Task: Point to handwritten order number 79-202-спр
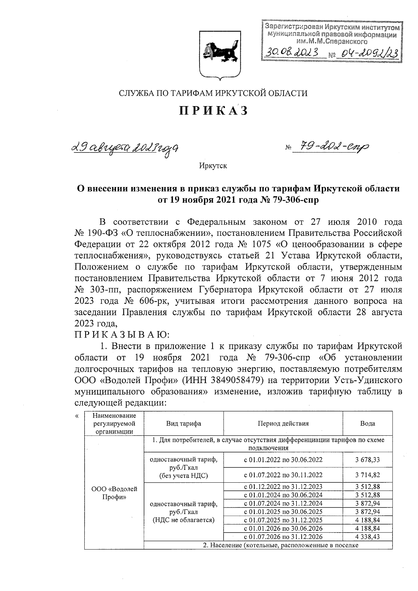pyautogui.click(x=331, y=148)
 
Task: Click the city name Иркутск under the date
pyautogui.click(x=213, y=166)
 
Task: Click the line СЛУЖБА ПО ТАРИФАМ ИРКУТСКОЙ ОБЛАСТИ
pyautogui.click(x=214, y=93)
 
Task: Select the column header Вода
pyautogui.click(x=367, y=423)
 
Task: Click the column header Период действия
pyautogui.click(x=283, y=423)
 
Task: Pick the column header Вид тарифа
pyautogui.click(x=184, y=423)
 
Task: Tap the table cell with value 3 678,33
pyautogui.click(x=367, y=460)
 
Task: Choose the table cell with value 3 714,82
pyautogui.click(x=367, y=475)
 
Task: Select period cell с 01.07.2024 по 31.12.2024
pyautogui.click(x=283, y=503)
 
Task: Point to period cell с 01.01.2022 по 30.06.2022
pyautogui.click(x=283, y=460)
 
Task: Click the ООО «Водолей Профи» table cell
pyautogui.click(x=114, y=493)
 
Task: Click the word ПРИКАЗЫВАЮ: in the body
pyautogui.click(x=122, y=335)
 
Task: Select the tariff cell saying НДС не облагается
pyautogui.click(x=184, y=512)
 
